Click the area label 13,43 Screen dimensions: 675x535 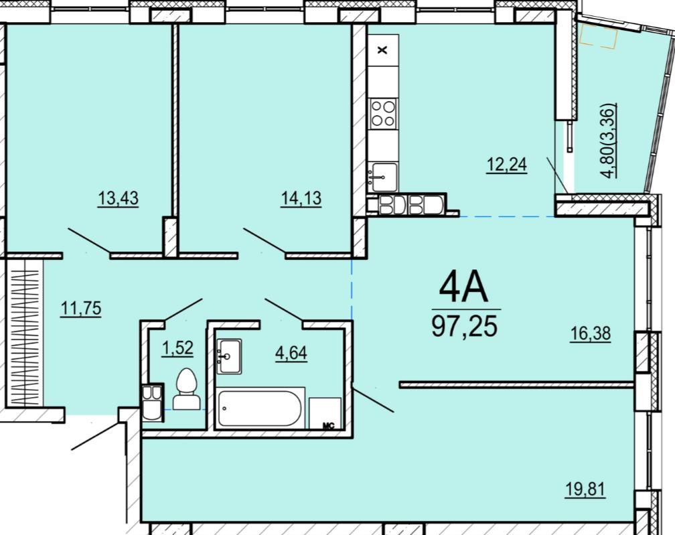pos(119,199)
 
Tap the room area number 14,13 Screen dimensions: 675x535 pos(301,199)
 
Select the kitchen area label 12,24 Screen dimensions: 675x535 pos(507,165)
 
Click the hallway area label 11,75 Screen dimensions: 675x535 pos(81,308)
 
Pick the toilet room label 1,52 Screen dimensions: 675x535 pos(177,348)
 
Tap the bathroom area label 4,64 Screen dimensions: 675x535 pos(291,353)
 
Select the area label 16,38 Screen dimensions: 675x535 pos(590,333)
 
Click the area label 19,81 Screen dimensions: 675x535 pos(585,489)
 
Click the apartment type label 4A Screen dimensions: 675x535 pos(463,288)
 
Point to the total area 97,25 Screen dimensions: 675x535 pos(465,326)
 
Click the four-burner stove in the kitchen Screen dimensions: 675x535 pos(383,112)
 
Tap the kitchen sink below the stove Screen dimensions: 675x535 pos(383,177)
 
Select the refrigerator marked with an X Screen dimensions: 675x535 pos(383,50)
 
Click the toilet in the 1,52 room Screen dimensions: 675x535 pos(186,388)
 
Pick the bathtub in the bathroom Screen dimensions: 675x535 pos(260,408)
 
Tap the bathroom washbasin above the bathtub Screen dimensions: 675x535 pos(229,356)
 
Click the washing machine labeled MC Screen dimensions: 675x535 pos(325,413)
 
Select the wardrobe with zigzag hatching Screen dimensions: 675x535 pos(25,333)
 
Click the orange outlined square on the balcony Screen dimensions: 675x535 pos(599,36)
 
